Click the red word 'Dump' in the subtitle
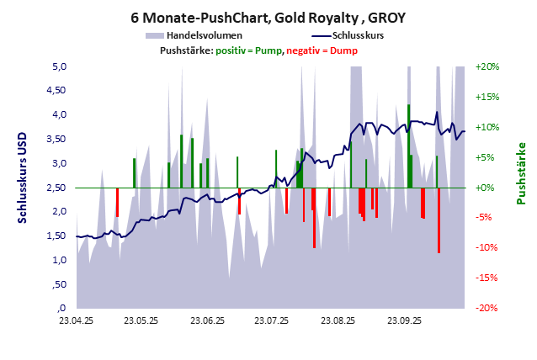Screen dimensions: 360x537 click(x=344, y=50)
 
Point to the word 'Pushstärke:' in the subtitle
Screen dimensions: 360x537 click(x=186, y=50)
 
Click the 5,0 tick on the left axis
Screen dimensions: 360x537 click(x=60, y=66)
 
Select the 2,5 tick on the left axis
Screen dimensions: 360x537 click(x=60, y=188)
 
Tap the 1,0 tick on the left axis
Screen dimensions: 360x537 click(x=60, y=260)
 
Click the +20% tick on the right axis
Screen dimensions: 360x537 click(x=488, y=66)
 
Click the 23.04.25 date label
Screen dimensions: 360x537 click(x=77, y=320)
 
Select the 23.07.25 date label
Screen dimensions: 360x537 click(x=272, y=320)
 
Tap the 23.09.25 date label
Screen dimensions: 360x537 click(x=403, y=320)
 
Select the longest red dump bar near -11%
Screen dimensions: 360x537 click(x=439, y=220)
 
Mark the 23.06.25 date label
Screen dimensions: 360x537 click(x=207, y=320)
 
